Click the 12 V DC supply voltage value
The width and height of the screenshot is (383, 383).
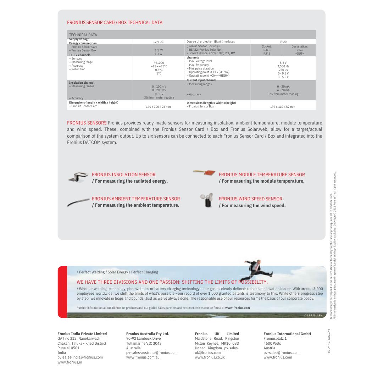(x=158, y=42)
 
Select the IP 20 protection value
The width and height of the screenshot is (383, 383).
(x=283, y=42)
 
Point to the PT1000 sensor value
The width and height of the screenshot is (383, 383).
(x=159, y=63)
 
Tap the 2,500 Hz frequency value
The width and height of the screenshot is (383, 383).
(x=283, y=66)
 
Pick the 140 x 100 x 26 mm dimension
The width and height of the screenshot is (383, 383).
(x=158, y=106)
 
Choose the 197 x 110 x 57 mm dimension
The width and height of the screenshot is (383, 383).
(x=283, y=106)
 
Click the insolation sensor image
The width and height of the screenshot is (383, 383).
(x=78, y=177)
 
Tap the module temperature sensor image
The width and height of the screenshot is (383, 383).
(x=205, y=173)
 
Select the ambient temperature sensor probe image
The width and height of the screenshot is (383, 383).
(x=78, y=202)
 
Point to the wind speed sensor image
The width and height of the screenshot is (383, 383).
(x=207, y=200)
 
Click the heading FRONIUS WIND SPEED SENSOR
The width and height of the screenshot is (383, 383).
(x=250, y=199)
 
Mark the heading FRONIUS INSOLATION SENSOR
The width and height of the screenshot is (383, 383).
(x=123, y=175)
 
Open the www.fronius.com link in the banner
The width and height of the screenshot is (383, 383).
(x=237, y=308)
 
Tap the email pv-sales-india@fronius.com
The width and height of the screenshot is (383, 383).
(x=80, y=357)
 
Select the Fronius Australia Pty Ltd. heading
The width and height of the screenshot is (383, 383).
(x=148, y=334)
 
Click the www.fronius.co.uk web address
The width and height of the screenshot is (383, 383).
(x=210, y=357)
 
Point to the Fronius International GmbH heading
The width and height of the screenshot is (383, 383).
(x=287, y=334)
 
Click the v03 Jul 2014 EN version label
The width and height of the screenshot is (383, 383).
(x=313, y=315)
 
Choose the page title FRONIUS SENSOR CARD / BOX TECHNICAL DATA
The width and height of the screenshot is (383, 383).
(x=115, y=23)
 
